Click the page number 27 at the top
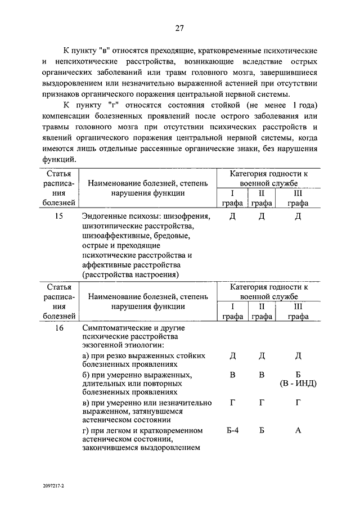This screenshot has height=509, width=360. tap(179, 29)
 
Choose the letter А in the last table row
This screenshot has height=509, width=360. tap(298, 431)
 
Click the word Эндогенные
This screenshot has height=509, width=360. tap(105, 216)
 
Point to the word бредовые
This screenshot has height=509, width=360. tap(178, 236)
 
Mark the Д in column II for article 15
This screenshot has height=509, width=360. tap(262, 216)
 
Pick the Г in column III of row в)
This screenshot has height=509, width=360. tap(298, 403)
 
